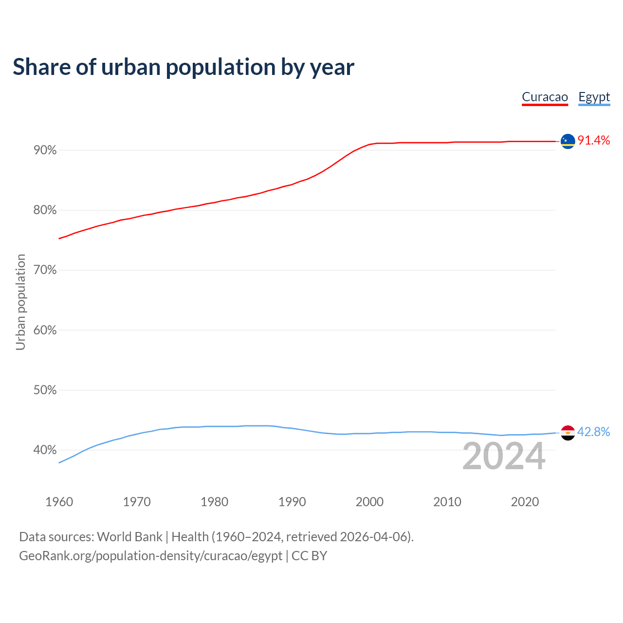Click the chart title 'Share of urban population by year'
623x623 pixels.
point(183,67)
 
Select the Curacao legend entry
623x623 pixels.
point(545,97)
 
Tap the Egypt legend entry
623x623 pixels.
point(594,97)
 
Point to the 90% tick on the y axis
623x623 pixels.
point(45,150)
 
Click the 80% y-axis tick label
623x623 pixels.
point(45,210)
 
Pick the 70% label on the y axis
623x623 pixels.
point(45,270)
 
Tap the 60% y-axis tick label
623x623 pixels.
point(45,330)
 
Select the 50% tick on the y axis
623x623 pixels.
point(45,390)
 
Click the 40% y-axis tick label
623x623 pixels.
point(45,450)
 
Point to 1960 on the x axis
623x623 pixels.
point(59,502)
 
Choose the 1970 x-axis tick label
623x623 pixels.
point(137,502)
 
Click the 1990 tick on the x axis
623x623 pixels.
point(292,502)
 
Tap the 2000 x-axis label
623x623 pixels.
point(370,502)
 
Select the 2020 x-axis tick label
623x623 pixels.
point(525,502)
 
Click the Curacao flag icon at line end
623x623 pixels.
point(568,141)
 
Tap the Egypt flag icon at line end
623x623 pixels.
point(568,433)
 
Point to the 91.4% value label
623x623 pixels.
point(594,141)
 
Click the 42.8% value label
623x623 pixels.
point(594,432)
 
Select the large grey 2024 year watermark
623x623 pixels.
point(504,456)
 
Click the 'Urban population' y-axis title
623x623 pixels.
point(20,302)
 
